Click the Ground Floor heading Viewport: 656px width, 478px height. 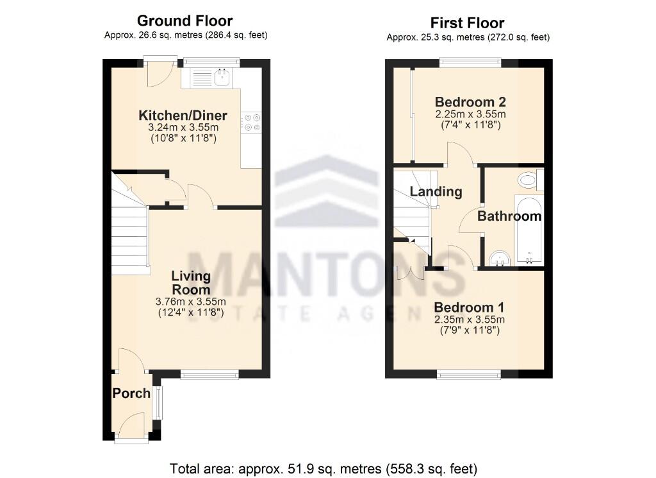tap(185, 21)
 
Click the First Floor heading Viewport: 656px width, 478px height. tap(467, 23)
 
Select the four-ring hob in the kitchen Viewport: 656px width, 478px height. tap(250, 122)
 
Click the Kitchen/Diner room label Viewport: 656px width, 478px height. tap(183, 115)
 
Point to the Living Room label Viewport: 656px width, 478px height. tap(191, 283)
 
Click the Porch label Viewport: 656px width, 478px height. tap(131, 393)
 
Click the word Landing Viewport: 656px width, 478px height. tap(436, 191)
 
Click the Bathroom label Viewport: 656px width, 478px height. tap(509, 216)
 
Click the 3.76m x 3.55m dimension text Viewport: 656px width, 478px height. tap(191, 302)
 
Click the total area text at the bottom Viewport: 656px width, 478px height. tap(324, 468)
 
